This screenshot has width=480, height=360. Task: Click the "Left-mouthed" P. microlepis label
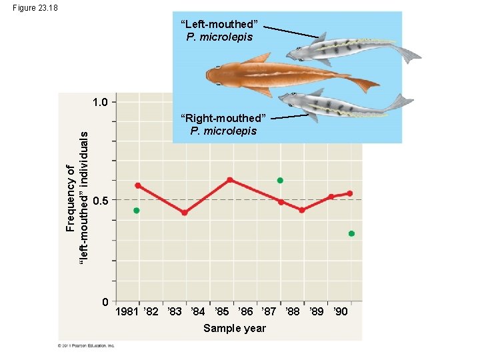tap(219, 31)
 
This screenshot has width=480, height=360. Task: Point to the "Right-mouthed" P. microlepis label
tap(223, 124)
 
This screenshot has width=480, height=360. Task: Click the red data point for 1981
tap(137, 185)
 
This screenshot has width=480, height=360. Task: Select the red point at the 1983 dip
tap(185, 213)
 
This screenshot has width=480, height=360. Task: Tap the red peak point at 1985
tap(229, 179)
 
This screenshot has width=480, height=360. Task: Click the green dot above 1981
tap(137, 211)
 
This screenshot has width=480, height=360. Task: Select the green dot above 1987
tap(280, 181)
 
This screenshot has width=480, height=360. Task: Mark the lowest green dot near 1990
tap(351, 234)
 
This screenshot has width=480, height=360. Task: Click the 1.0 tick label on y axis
tap(103, 102)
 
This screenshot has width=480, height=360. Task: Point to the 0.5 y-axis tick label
tap(101, 201)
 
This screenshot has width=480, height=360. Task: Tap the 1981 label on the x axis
tap(127, 312)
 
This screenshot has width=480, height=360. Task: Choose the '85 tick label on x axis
tap(221, 312)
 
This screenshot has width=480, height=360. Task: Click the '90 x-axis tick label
tap(340, 312)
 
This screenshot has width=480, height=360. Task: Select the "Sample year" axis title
tap(235, 328)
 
